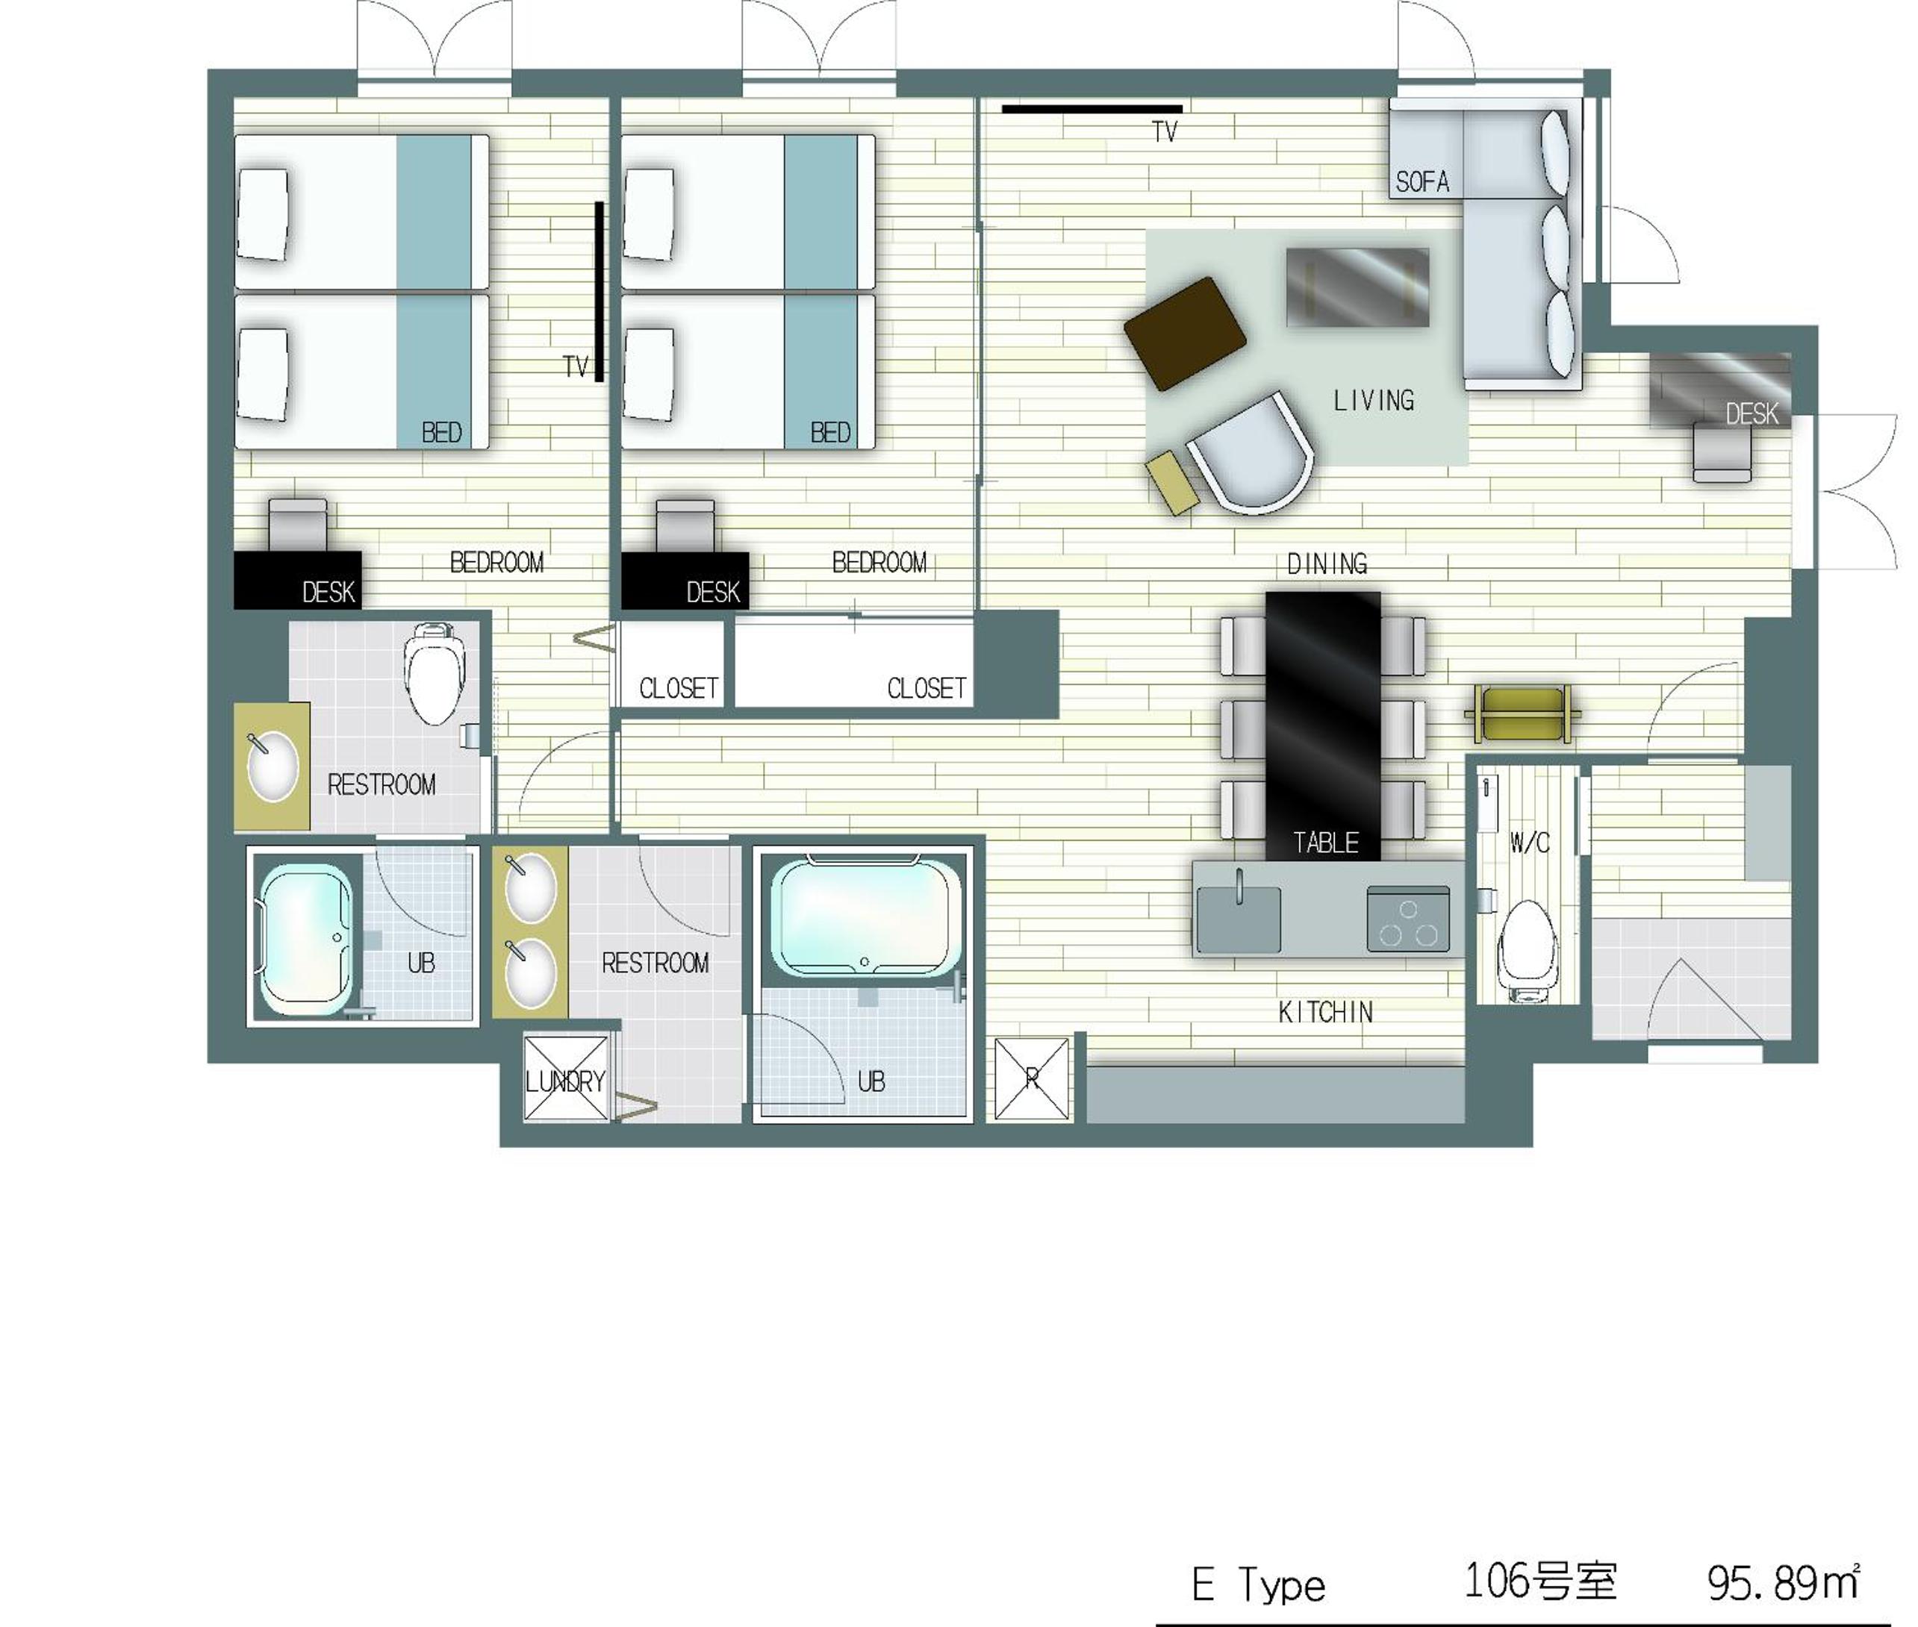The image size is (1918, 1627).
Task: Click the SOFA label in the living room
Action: click(x=1422, y=181)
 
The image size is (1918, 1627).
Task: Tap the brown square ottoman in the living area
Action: click(x=1186, y=333)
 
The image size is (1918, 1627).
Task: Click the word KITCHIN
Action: click(x=1324, y=1012)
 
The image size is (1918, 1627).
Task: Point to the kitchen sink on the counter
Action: click(x=1238, y=918)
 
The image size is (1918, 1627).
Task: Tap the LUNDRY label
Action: click(x=564, y=1081)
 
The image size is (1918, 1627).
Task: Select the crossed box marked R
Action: click(x=1033, y=1079)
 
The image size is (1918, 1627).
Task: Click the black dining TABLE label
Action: click(x=1324, y=842)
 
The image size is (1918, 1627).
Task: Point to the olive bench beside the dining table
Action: click(x=1522, y=713)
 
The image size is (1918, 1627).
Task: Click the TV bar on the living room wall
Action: click(x=1092, y=109)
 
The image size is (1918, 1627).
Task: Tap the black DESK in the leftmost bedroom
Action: click(x=297, y=580)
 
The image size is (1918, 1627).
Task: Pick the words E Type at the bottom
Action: click(x=1258, y=1584)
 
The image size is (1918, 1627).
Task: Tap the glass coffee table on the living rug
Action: click(x=1357, y=287)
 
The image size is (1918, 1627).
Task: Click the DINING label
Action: click(x=1327, y=563)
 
